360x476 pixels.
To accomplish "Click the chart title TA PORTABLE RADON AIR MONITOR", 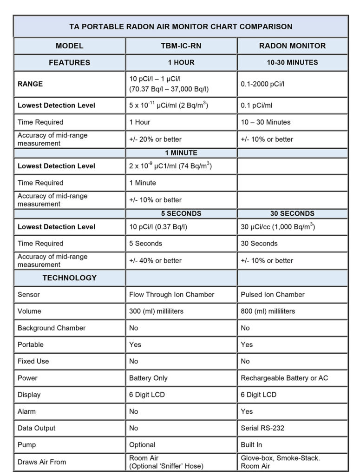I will click(x=181, y=26).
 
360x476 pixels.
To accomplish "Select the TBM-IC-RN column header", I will click(x=181, y=46).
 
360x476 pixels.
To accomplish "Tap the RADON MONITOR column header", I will click(x=293, y=46).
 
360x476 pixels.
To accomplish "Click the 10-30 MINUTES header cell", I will click(x=293, y=62).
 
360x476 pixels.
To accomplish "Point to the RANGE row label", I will click(x=30, y=84).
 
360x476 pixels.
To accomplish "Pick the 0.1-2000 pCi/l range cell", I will click(x=262, y=84).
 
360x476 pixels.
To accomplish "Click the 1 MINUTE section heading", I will click(x=181, y=153).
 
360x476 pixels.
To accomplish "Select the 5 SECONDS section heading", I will click(x=181, y=213).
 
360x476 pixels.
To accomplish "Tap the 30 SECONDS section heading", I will click(x=293, y=213).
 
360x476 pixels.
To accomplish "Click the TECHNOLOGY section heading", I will click(x=70, y=278).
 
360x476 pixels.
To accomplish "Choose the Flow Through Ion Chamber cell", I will click(x=172, y=294).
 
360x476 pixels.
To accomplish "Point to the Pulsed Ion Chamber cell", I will click(x=273, y=294).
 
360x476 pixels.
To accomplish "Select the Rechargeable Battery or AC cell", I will click(x=284, y=378).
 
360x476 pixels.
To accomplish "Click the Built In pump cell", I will click(x=251, y=445).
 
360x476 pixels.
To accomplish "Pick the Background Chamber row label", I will click(x=52, y=328).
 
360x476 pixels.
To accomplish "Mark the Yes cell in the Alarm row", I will click(x=247, y=411).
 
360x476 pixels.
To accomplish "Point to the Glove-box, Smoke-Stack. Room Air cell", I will click(x=280, y=462).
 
